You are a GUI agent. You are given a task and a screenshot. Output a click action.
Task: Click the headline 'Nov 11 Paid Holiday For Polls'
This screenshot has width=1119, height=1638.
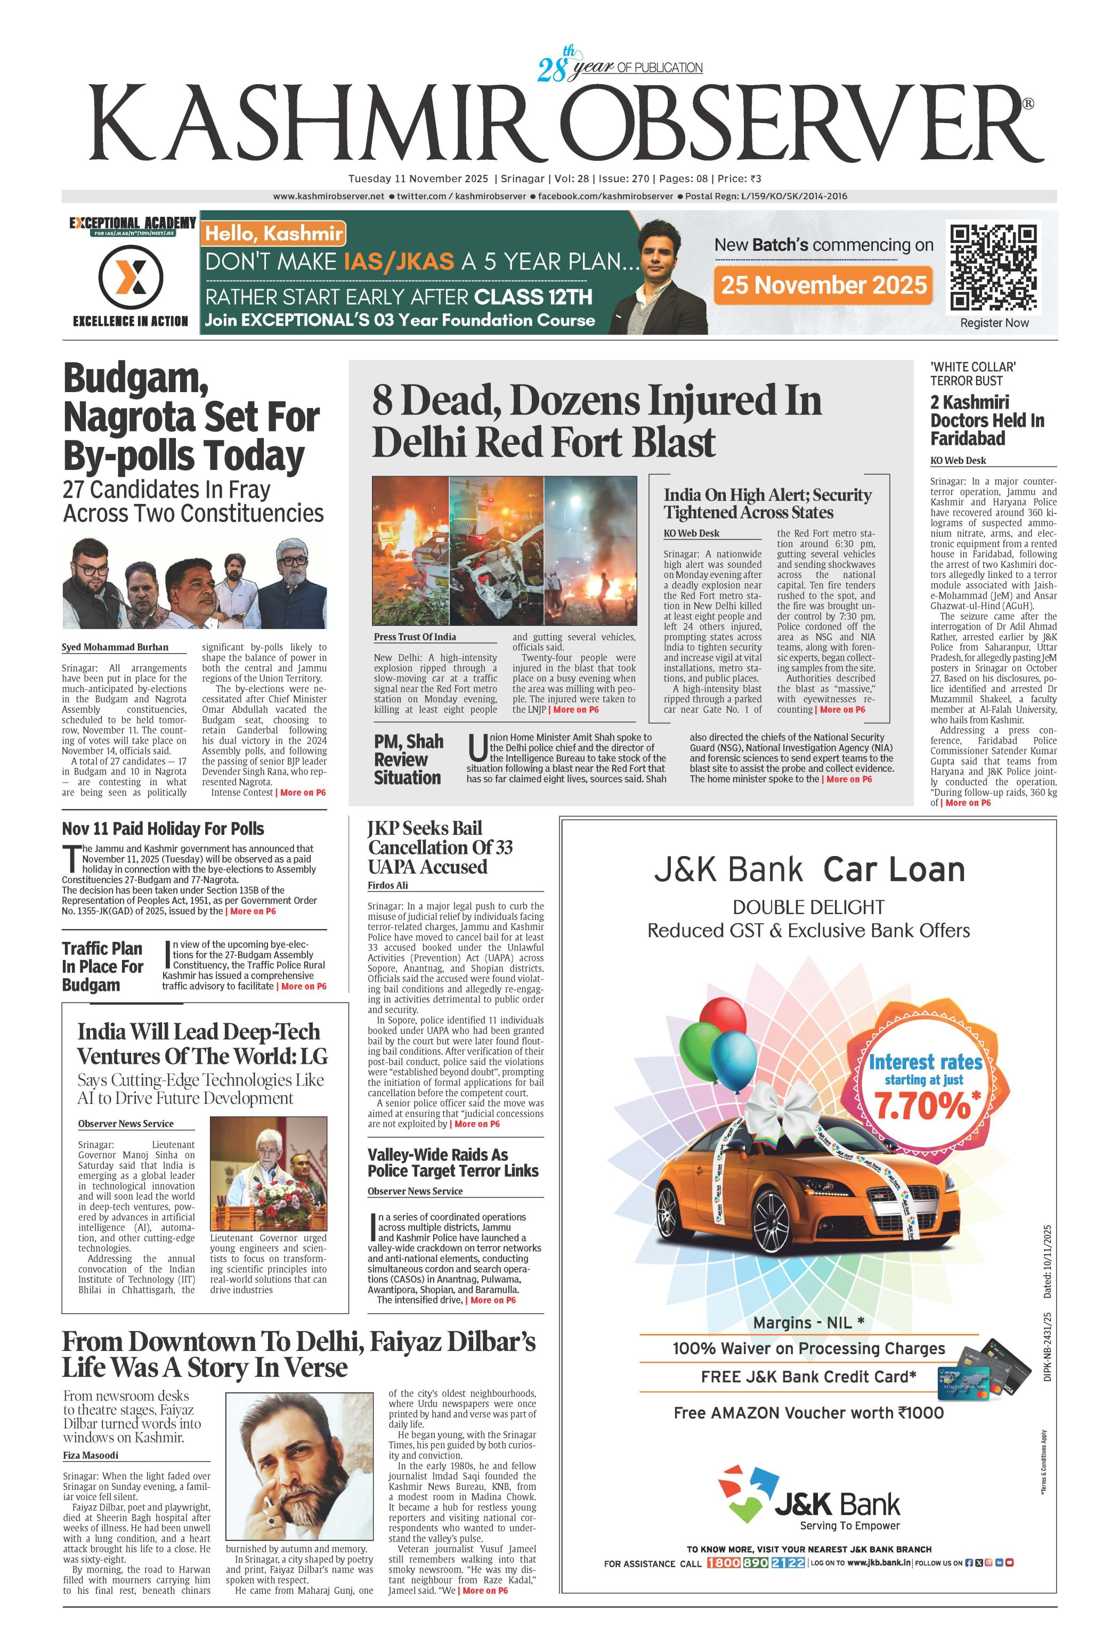point(163,829)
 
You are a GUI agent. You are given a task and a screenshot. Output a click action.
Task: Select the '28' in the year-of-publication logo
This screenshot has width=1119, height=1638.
point(552,70)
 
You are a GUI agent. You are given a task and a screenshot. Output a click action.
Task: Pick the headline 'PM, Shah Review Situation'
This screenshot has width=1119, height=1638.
point(408,759)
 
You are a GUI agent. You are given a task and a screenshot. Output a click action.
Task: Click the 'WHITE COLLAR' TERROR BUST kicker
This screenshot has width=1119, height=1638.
point(972,373)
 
